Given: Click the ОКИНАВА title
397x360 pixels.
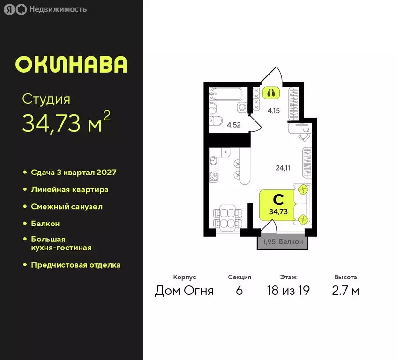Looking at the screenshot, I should [71, 65].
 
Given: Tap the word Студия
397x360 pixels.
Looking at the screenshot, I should [46, 99].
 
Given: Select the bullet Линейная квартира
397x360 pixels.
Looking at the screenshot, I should [69, 189].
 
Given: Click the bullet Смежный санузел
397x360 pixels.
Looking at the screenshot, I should [67, 206].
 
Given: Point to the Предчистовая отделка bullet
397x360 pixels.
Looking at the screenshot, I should [75, 265].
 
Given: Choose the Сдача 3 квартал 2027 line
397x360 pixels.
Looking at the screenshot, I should [73, 172].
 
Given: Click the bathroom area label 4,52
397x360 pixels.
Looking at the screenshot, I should [233, 125].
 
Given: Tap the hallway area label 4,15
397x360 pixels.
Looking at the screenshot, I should [274, 111].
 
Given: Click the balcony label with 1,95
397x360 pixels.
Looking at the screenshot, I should [283, 242].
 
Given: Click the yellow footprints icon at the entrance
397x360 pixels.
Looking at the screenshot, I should [270, 92].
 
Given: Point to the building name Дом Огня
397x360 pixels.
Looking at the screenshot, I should [184, 291].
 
